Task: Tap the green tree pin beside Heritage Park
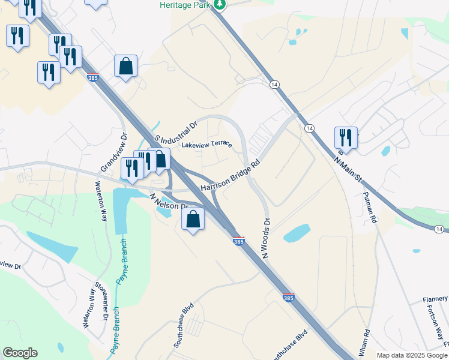click(x=221, y=5)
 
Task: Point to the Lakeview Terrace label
click(x=206, y=145)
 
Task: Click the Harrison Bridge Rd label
click(x=231, y=176)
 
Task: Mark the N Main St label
click(x=349, y=169)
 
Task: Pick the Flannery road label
click(x=435, y=299)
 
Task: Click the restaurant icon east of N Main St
click(x=346, y=137)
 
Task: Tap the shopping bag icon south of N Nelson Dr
click(x=193, y=219)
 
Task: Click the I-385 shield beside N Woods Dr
click(x=238, y=241)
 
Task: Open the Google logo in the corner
click(x=20, y=353)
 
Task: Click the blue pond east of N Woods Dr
click(x=297, y=233)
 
